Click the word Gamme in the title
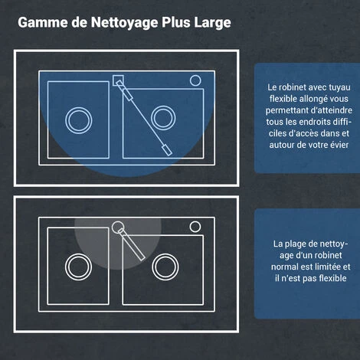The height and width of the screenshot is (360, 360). (43, 22)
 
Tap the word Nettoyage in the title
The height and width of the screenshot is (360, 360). (125, 23)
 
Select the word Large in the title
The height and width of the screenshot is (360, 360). (212, 23)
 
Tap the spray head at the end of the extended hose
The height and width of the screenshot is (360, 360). (167, 150)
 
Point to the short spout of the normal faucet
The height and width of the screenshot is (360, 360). (131, 244)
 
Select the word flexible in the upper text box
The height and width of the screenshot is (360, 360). (283, 99)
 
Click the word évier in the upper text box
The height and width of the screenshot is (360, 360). (339, 145)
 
